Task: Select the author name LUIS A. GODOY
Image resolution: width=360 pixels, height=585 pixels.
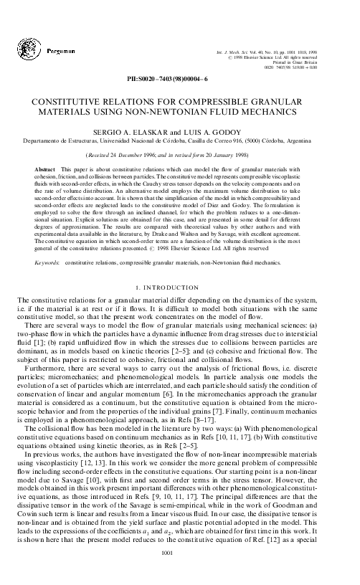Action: coord(214,133)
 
